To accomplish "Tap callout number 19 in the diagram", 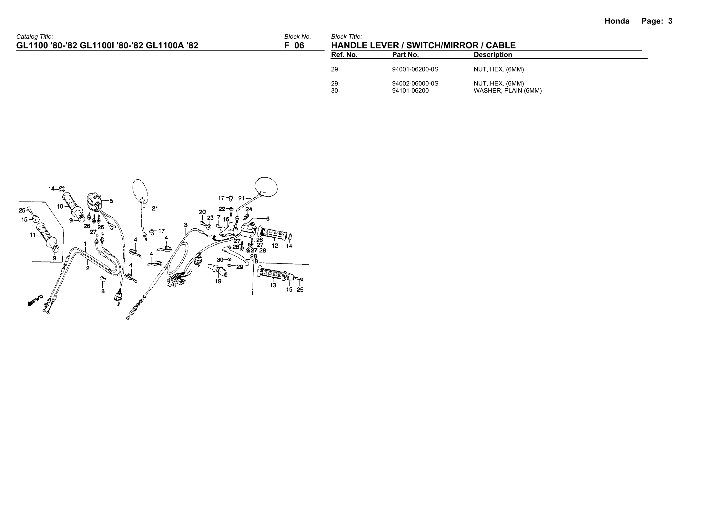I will pos(218,281).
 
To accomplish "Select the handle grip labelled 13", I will pos(272,274).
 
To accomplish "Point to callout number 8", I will pos(103,291).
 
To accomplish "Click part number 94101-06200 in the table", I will pos(410,91).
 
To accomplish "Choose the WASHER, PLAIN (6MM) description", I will pos(507,91).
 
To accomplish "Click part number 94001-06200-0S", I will pos(415,69).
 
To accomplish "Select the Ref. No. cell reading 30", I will pos(335,91).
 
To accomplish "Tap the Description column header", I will pos(492,55).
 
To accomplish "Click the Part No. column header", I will pos(405,55).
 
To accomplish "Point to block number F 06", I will pos(294,45).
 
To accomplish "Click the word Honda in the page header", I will pos(617,21).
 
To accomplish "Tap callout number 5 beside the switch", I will pos(111,201).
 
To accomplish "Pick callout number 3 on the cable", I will pos(186,225).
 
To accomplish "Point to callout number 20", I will pos(202,212).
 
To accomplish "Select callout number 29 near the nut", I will pos(239,267).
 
